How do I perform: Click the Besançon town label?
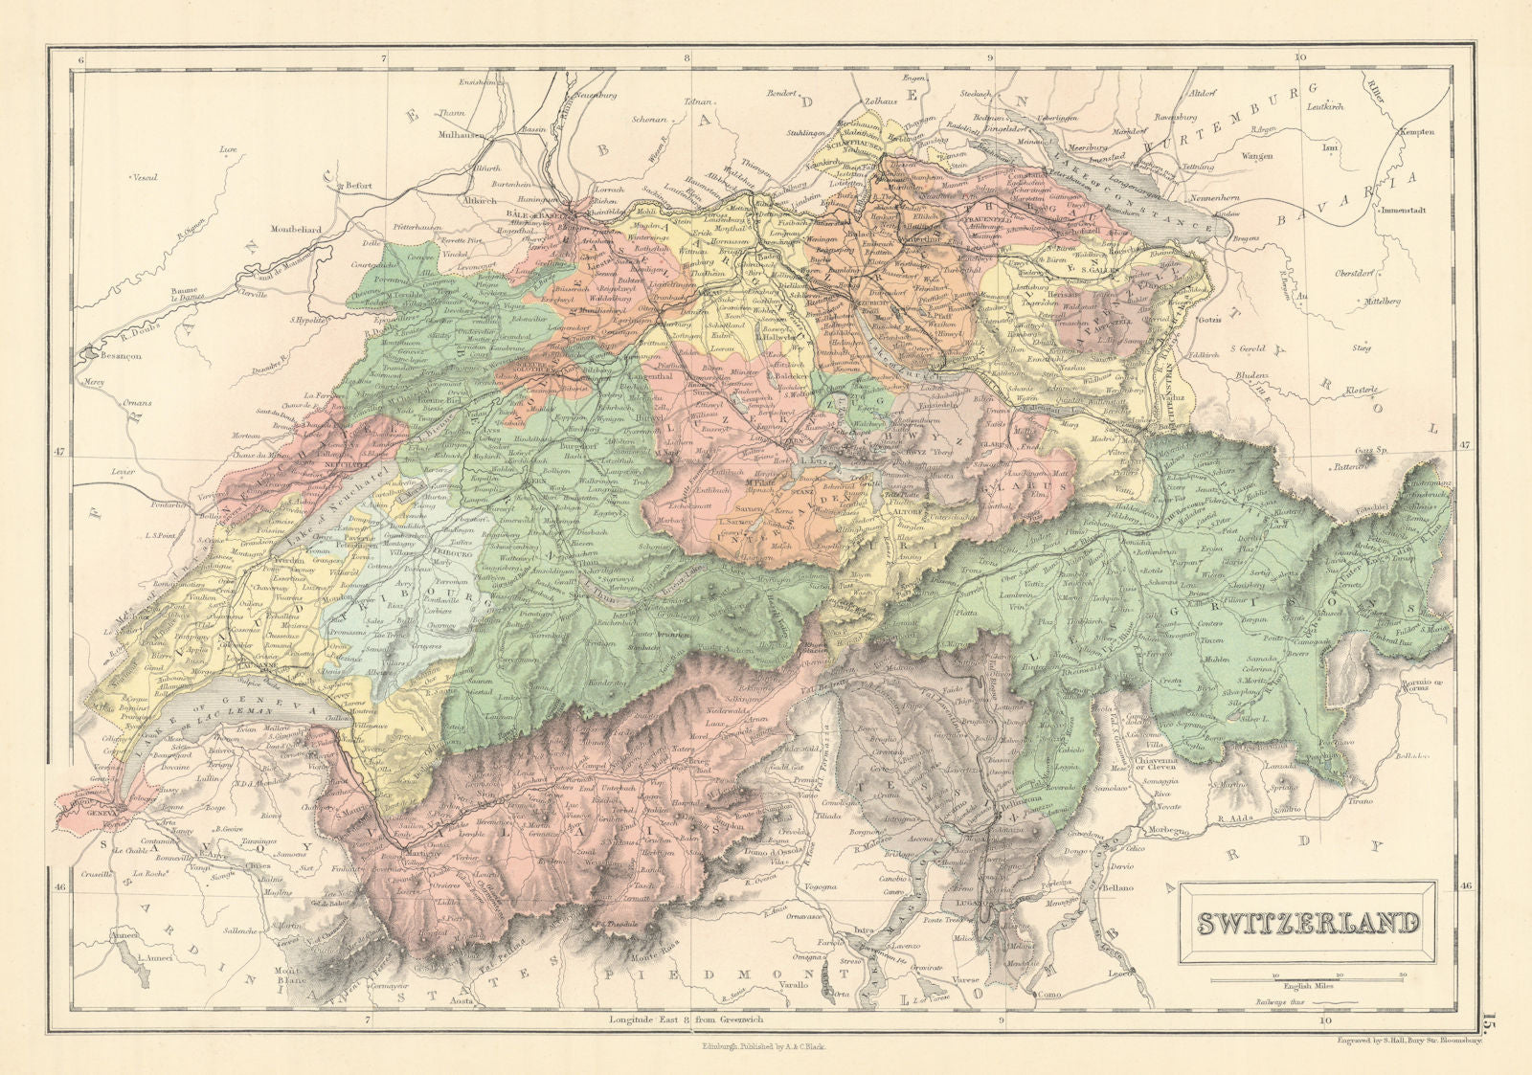click(112, 355)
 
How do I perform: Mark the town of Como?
click(1045, 995)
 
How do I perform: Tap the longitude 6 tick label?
click(83, 59)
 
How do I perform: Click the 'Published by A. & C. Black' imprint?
click(763, 1047)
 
